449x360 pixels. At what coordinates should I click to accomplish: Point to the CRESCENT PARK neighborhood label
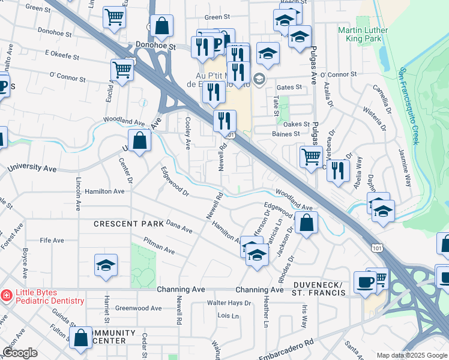click(129, 224)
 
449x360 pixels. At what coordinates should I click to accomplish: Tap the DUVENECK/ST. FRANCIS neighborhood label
click(320, 288)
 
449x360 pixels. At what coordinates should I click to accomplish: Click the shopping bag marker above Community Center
click(81, 338)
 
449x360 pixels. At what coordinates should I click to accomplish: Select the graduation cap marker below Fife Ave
click(106, 266)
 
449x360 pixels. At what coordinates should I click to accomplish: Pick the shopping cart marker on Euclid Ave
click(122, 70)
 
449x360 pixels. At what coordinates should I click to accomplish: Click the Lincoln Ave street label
click(78, 194)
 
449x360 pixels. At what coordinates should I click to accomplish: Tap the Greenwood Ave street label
click(139, 308)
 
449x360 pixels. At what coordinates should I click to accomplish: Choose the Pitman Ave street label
click(158, 245)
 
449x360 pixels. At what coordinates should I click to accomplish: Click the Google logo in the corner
click(20, 353)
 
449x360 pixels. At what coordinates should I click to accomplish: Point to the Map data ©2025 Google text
click(411, 355)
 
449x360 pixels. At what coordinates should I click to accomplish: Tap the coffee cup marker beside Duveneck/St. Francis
click(365, 282)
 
